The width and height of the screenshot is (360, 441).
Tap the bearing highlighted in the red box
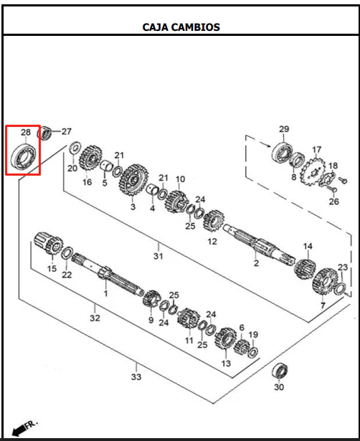coord(24,156)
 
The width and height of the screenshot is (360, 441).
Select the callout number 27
coord(67,131)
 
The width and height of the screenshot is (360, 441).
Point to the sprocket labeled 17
coord(313,171)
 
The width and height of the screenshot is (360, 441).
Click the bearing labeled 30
coord(280,371)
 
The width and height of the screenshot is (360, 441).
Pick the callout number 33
coord(136,376)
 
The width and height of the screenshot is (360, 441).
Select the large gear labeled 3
coord(134,180)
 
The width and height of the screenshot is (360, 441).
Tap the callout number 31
coord(158,256)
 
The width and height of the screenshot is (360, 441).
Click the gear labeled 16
coord(90,158)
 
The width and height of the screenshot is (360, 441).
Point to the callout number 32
coord(95,318)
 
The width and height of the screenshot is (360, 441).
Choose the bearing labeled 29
coord(283,153)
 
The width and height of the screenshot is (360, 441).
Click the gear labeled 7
coord(325,281)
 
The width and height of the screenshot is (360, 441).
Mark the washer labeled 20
coord(75,148)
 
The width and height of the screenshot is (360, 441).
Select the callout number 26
coord(334,201)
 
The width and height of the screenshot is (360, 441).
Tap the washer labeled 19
coord(252,352)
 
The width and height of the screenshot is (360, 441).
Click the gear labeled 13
coord(226,338)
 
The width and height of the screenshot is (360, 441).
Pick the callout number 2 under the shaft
coord(256,263)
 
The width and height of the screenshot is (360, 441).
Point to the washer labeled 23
coord(340,289)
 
